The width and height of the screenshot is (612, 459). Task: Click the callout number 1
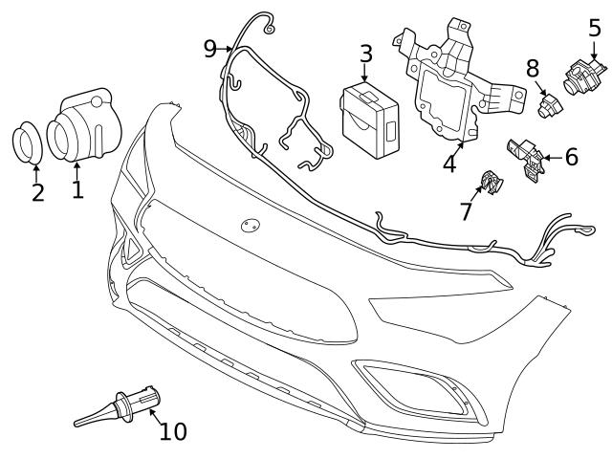(77, 187)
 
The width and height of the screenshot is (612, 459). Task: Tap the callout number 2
(37, 192)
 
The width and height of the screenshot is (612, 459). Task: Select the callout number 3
(366, 55)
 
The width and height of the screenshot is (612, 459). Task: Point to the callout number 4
(449, 164)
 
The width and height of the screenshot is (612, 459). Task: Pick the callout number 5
(594, 27)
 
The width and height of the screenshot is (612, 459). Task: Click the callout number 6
(571, 156)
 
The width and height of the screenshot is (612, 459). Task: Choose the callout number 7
(466, 210)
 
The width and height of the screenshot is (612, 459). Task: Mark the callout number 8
(533, 68)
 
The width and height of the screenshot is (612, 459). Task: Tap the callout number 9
(211, 48)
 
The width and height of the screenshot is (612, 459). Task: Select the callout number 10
(173, 431)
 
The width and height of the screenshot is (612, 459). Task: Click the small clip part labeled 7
(492, 182)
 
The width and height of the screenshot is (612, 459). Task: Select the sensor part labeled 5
(581, 75)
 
